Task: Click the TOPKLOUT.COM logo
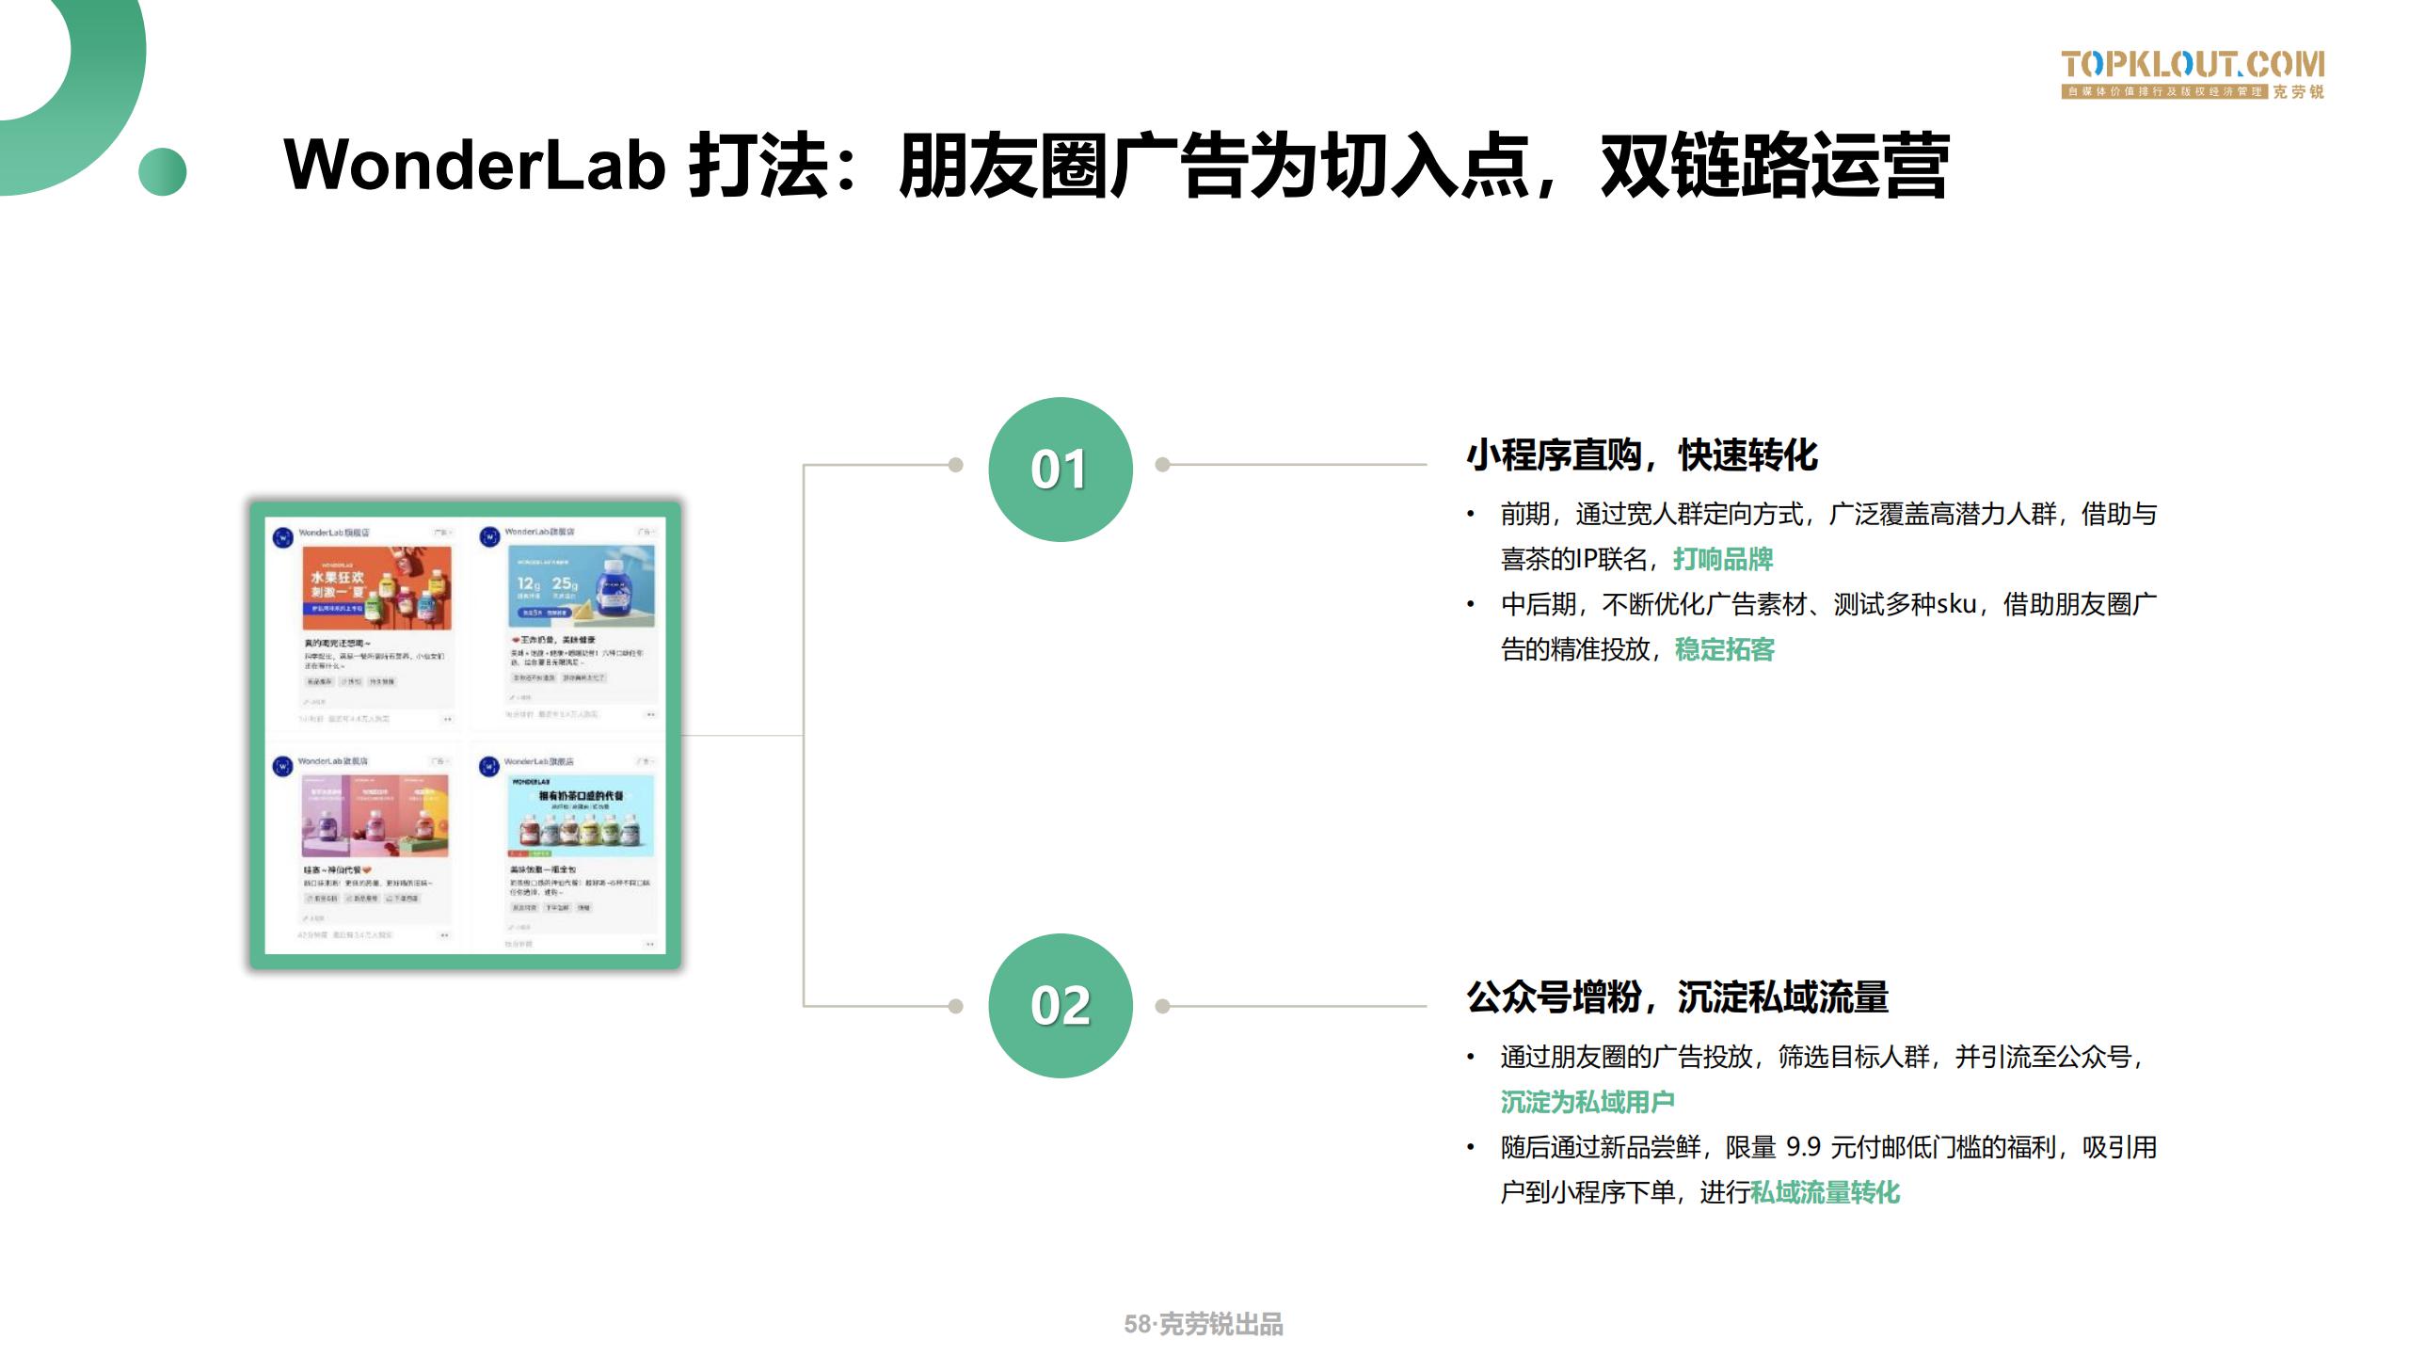pos(2192,73)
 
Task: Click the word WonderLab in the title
pos(474,166)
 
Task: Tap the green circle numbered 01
pos(1060,469)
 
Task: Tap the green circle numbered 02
pos(1060,1005)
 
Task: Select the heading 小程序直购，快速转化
pos(1641,455)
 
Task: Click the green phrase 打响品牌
pos(1722,559)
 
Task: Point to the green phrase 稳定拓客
pos(1724,649)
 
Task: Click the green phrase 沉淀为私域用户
pos(1587,1101)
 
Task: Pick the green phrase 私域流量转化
pos(1825,1192)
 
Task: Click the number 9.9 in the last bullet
pos(1803,1147)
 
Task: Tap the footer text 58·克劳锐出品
pos(1203,1324)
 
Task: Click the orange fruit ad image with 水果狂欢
pos(376,588)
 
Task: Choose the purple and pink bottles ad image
pos(375,816)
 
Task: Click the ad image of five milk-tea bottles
pos(581,816)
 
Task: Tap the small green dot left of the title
pos(162,172)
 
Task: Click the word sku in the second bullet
pos(1954,604)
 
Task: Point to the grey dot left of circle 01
pos(955,465)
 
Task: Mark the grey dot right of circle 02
pos(1162,1006)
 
